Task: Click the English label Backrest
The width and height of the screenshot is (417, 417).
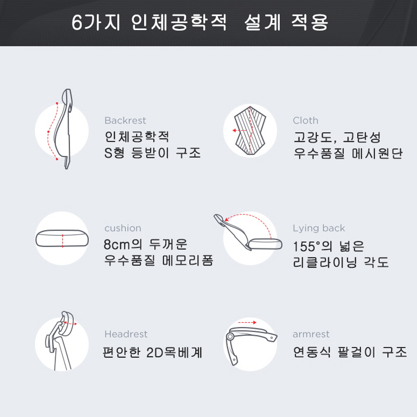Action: click(125, 121)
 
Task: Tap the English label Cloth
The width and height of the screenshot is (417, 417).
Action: click(305, 121)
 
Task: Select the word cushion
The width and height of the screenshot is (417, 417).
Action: click(123, 228)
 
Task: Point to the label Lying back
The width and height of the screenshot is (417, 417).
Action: click(319, 229)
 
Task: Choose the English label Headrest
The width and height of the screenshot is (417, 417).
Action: click(126, 334)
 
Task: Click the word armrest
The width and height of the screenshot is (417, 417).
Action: click(311, 334)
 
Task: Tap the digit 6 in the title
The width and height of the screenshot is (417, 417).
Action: click(77, 23)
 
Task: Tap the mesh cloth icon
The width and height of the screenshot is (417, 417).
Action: click(250, 130)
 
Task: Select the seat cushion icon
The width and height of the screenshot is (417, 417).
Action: click(62, 238)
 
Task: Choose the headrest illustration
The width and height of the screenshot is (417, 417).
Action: click(60, 340)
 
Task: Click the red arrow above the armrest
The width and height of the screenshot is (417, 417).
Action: click(247, 323)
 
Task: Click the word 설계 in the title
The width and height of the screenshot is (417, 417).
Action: click(262, 23)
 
